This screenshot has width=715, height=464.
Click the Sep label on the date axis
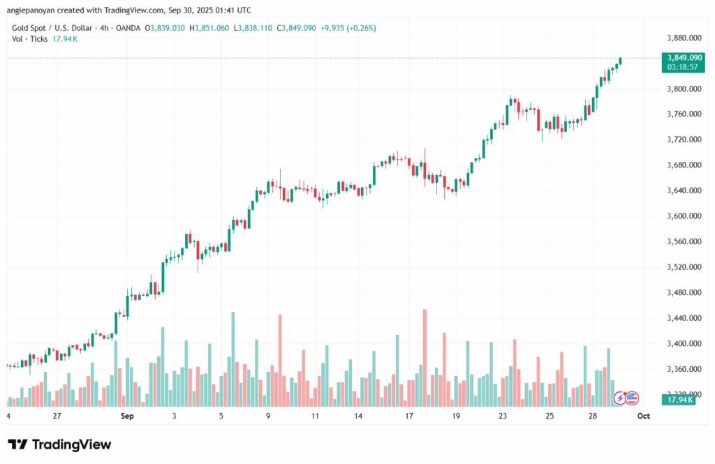[x=126, y=416]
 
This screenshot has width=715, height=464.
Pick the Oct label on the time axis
[x=643, y=416]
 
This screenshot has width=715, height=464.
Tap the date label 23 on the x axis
[x=503, y=416]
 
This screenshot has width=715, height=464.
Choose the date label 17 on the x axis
[x=409, y=416]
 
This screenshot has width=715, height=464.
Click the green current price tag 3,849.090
[x=684, y=58]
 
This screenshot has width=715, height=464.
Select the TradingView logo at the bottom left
[x=60, y=444]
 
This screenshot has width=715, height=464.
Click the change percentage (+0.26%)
[x=360, y=28]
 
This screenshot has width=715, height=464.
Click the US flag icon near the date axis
[x=632, y=398]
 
